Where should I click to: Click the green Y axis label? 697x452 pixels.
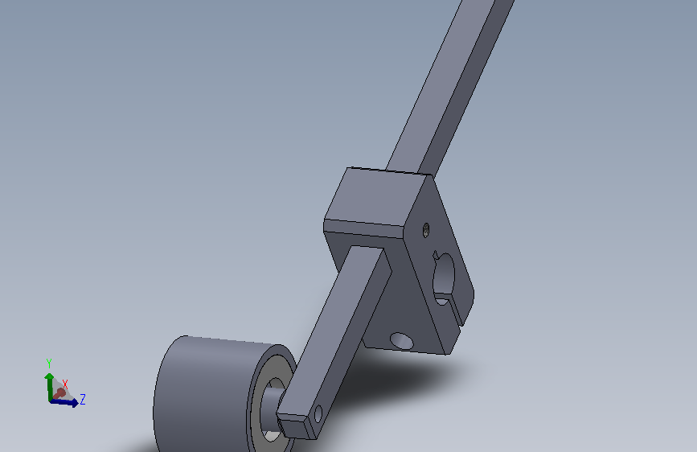49,364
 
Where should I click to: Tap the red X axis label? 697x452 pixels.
65,384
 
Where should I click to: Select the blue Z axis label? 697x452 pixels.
83,399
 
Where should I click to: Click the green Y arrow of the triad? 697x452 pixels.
49,387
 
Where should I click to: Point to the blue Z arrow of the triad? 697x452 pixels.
65,402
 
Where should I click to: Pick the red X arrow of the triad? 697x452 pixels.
59,393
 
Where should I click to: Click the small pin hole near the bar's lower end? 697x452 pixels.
318,413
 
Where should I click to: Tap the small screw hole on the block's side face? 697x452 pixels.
426,230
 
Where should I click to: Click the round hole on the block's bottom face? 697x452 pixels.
401,341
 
